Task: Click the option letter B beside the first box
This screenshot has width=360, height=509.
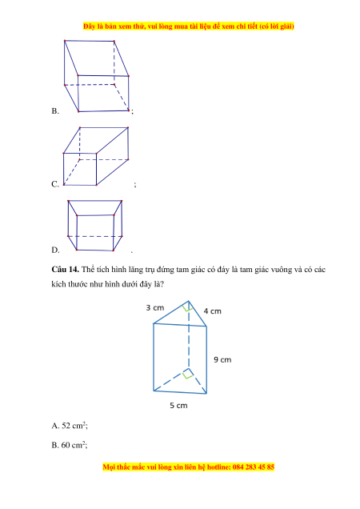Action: coord(55,111)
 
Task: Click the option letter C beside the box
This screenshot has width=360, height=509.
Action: coord(55,184)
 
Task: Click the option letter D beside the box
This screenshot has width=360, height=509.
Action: coord(55,250)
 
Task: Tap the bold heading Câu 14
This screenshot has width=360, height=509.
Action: coord(66,270)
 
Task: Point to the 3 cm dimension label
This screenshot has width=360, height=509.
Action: coord(155,308)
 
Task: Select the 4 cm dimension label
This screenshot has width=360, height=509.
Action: coord(213,311)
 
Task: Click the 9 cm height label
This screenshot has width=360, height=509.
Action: coord(222,359)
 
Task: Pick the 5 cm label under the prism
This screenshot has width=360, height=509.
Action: coord(179,406)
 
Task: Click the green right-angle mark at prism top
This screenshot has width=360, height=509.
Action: coord(187,307)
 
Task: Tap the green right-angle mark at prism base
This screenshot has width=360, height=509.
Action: coord(188,374)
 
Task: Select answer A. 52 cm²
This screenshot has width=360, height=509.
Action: coord(70,426)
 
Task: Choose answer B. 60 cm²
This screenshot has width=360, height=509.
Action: coord(70,445)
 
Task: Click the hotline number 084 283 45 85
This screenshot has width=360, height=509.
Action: coord(254,467)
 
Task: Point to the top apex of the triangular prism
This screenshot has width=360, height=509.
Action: coord(188,301)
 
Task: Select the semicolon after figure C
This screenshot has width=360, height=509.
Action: coord(135,185)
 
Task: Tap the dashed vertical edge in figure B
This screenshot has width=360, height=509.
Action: coord(114,63)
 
